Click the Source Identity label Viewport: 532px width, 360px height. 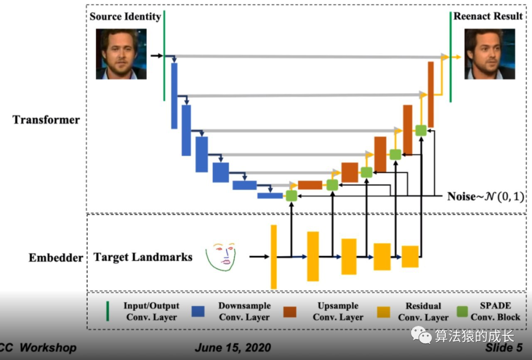125,16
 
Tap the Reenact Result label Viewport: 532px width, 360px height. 488,16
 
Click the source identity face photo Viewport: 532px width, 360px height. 121,54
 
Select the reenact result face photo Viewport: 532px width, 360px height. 490,54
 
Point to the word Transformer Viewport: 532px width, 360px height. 46,120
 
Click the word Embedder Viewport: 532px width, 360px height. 56,258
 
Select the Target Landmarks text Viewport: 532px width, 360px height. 143,257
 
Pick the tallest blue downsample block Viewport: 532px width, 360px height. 174,96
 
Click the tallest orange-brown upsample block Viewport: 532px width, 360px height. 431,94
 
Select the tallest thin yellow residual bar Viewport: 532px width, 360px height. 274,257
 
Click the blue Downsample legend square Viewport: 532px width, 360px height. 198,312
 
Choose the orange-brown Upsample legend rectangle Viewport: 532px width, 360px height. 290,312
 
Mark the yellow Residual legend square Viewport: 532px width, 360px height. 384,312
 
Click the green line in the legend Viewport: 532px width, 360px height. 108,311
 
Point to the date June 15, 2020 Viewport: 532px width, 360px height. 233,348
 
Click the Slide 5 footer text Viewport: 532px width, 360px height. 503,348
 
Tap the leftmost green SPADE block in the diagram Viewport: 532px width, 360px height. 291,196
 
